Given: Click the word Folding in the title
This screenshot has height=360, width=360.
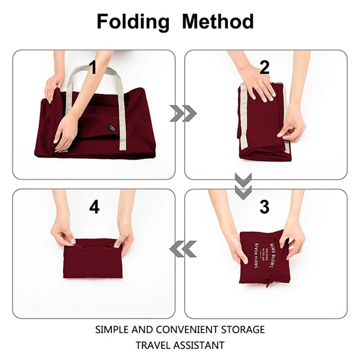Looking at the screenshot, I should coord(133,22).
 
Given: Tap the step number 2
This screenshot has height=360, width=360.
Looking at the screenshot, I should coord(264,67).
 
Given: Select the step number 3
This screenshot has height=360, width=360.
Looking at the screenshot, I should coord(264,206).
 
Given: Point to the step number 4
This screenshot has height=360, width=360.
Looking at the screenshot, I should coord(95,207).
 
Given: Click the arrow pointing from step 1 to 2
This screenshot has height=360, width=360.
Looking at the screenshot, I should coord(183,113).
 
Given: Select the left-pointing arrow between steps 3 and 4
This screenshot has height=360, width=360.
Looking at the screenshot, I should coord(183,249).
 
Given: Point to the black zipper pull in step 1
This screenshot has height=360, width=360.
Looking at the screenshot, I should coord(112,128).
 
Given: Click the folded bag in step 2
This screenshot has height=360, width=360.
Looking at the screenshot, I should coord(264,125).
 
